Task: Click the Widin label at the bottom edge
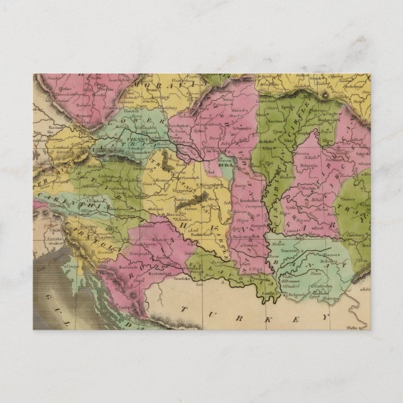tap(355, 325)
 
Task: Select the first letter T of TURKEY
tap(182, 309)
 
